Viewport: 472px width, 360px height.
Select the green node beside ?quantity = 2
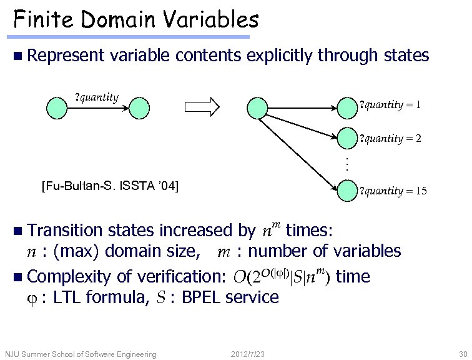point(348,139)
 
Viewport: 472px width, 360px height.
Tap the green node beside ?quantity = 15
point(348,191)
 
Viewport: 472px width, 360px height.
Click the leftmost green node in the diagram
point(56,107)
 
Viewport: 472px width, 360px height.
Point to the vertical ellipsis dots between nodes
point(347,164)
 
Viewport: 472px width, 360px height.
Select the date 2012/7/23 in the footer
point(247,354)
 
